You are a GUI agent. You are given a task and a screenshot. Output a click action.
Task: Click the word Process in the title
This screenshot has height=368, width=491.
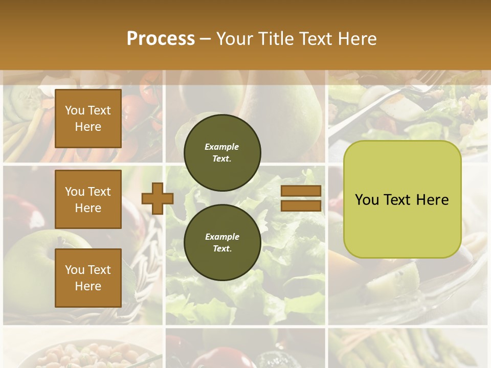161,39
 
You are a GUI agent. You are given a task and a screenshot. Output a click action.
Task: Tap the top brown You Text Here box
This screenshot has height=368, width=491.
88,119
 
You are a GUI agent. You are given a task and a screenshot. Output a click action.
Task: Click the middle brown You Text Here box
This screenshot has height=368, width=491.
88,199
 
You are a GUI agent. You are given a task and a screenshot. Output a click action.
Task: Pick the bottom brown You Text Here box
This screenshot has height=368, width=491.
88,278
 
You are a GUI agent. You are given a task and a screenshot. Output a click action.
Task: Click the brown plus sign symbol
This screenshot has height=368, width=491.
157,198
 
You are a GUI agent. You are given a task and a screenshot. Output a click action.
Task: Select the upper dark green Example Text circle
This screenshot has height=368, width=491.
222,152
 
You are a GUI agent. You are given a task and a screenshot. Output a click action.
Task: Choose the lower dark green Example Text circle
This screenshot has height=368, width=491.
222,242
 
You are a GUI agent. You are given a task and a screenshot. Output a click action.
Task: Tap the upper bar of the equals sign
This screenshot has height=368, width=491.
301,191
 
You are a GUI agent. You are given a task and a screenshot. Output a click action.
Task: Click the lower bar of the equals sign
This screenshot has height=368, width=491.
301,205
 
